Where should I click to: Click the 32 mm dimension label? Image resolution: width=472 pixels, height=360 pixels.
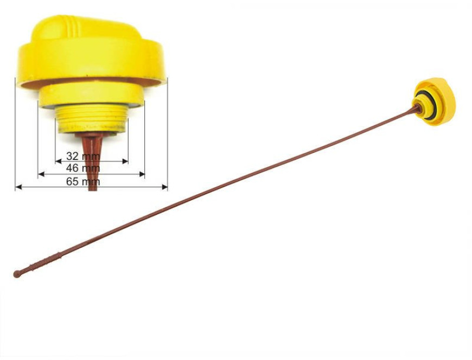coord(83,156)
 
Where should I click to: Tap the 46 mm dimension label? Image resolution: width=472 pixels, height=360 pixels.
coord(83,168)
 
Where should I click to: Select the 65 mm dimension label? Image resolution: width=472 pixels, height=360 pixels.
coord(83,181)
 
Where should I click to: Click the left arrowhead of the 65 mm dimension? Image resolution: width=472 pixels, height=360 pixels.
coord(18,187)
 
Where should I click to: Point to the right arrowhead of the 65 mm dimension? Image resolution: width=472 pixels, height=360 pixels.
coord(165,187)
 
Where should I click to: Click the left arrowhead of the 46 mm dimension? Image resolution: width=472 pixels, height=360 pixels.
coord(41,174)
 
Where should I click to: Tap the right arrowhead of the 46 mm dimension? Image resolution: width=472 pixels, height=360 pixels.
coord(142,174)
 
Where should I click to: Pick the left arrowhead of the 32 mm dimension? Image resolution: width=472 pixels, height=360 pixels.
coord(59,162)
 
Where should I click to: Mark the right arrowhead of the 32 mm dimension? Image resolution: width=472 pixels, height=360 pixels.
coord(125,162)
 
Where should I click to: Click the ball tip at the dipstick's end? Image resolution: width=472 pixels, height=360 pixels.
coord(17,274)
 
